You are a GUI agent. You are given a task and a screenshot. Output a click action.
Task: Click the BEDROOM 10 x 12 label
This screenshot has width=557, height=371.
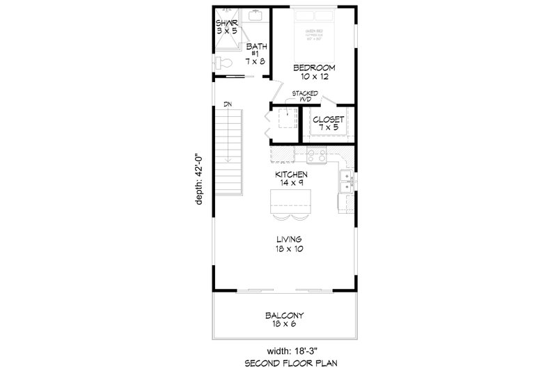coord(314,72)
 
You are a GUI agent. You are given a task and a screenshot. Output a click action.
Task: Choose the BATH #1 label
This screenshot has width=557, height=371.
coord(255,54)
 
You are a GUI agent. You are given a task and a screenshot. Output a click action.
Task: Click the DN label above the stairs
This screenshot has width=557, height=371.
coord(228,104)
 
